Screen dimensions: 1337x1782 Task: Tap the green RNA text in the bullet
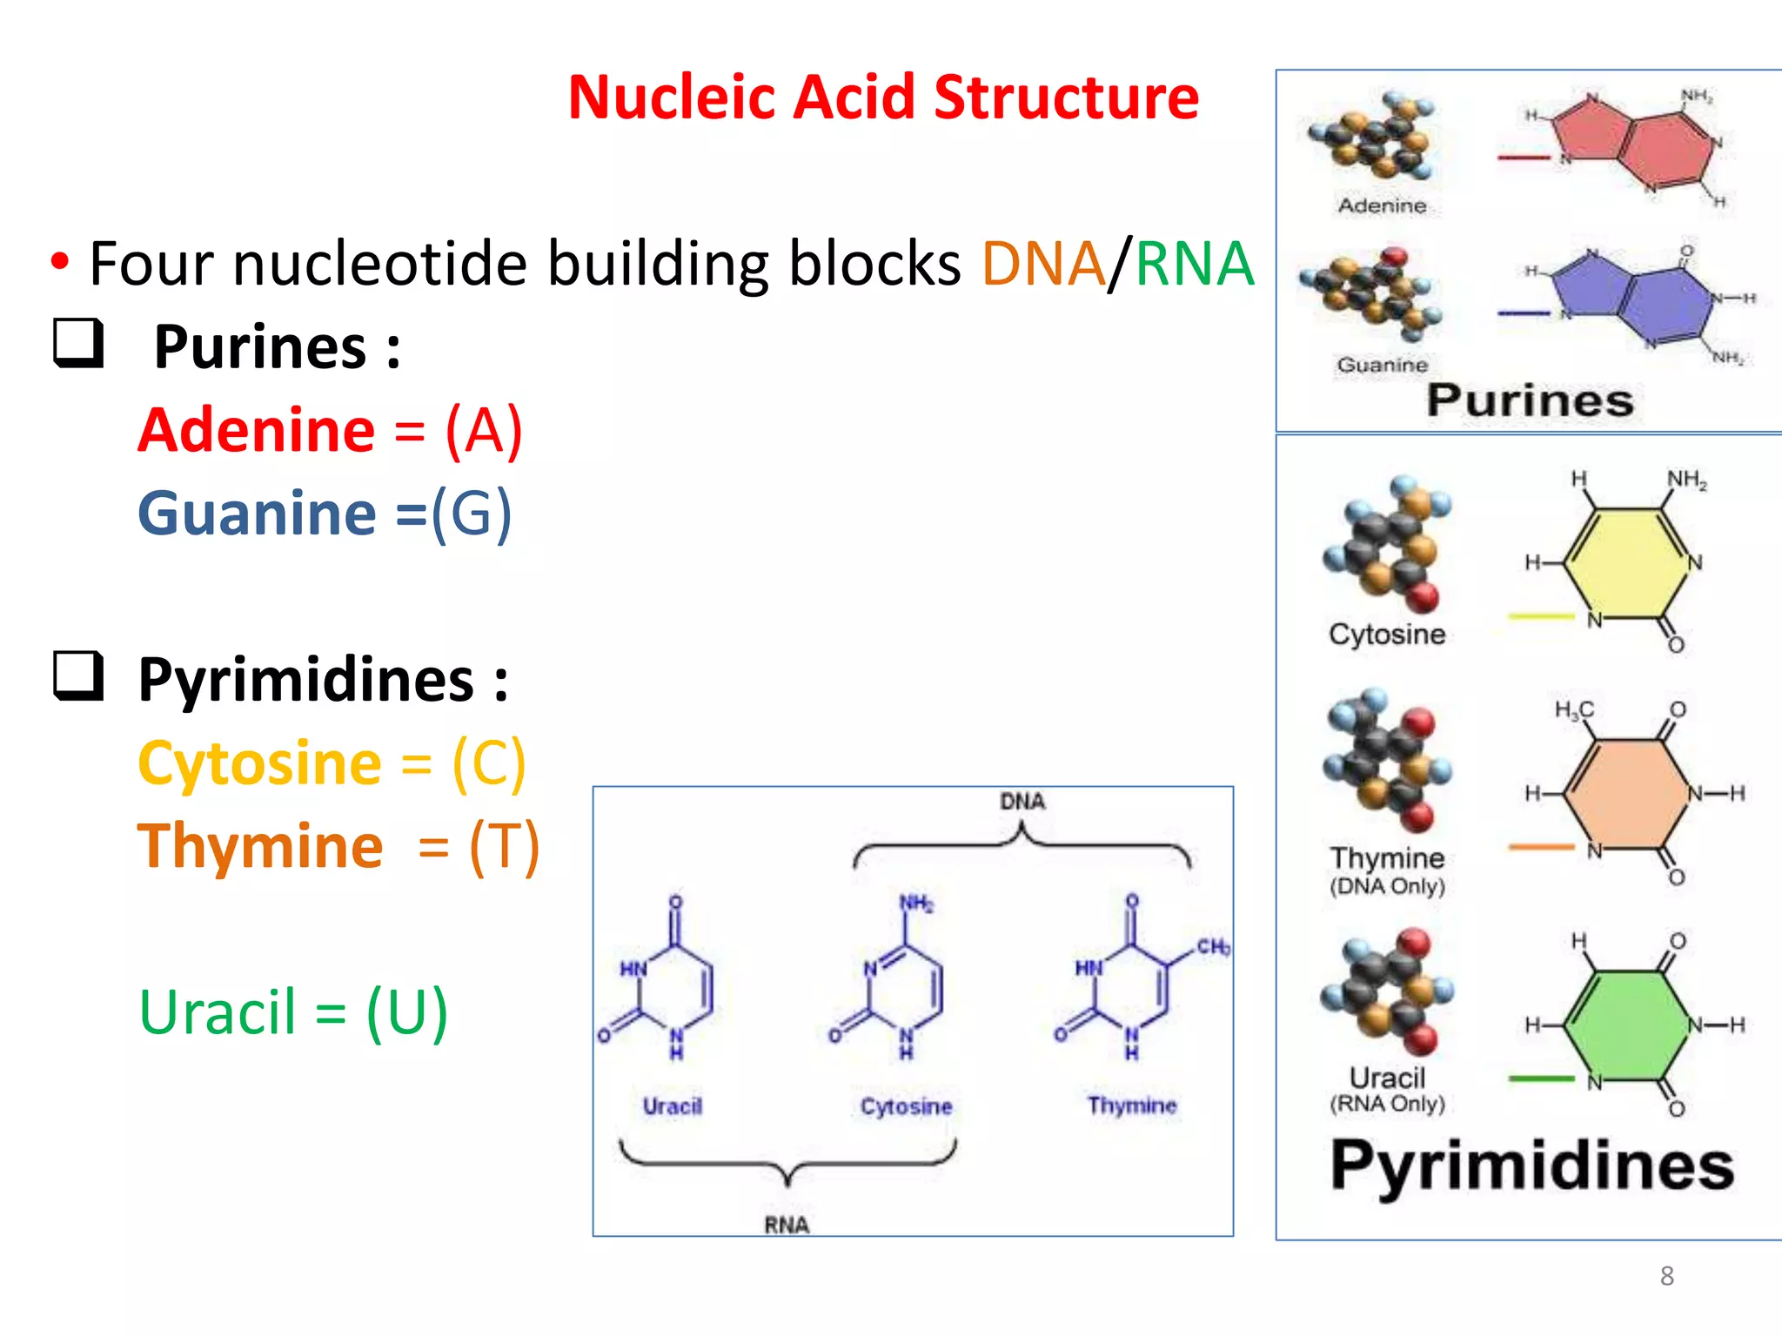[1194, 264]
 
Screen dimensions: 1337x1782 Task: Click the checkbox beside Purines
[79, 343]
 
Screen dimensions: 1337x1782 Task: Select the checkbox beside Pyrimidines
[79, 675]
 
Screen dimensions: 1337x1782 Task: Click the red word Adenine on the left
[258, 430]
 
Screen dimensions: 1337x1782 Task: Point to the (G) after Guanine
[472, 514]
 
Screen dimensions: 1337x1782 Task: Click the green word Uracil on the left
[218, 1012]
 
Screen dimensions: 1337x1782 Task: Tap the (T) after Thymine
[505, 846]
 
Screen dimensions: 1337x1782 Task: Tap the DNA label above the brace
[1022, 802]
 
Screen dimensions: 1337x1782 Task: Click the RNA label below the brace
[787, 1225]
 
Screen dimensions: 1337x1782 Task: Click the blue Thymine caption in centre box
[1131, 1105]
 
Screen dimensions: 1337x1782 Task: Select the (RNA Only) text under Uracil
[1387, 1104]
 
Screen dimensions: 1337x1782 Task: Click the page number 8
[1666, 1276]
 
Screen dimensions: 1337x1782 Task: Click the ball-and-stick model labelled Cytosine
[1387, 544]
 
